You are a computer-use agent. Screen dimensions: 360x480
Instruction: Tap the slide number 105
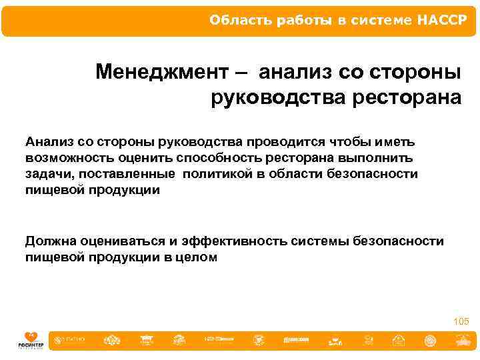[461, 322]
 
